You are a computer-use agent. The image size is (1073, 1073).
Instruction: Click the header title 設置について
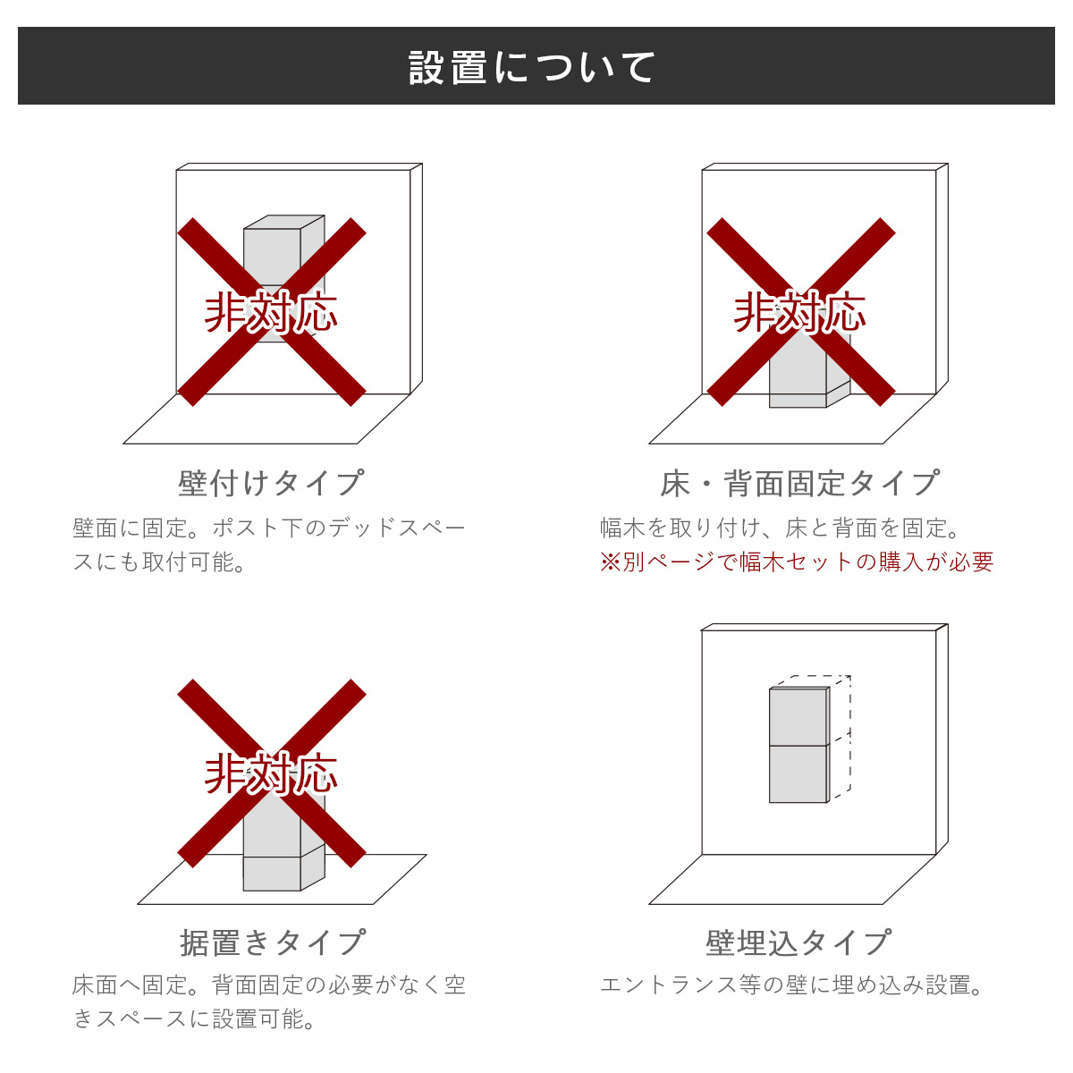[532, 68]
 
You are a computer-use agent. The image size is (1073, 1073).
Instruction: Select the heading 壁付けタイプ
[271, 483]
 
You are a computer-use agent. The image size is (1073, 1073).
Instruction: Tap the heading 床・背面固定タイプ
[799, 483]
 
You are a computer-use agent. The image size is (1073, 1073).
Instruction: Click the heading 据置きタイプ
[273, 942]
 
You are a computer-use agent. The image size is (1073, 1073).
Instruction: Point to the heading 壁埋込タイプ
[798, 942]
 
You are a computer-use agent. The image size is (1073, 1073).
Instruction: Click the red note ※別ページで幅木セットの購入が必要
[797, 562]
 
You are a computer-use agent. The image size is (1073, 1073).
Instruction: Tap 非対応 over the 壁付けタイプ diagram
[271, 313]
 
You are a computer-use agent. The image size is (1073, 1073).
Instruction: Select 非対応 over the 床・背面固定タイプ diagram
[800, 313]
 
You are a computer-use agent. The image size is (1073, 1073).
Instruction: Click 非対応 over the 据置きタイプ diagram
[271, 773]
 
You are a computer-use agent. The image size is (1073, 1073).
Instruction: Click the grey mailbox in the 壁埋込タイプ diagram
[799, 745]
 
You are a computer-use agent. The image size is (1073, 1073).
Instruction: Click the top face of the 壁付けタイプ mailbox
[284, 222]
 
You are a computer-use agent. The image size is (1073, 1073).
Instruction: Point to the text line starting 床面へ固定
[268, 985]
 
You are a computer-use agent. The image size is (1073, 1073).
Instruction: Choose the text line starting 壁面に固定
[268, 528]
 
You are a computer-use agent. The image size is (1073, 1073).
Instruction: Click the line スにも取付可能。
[160, 562]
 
